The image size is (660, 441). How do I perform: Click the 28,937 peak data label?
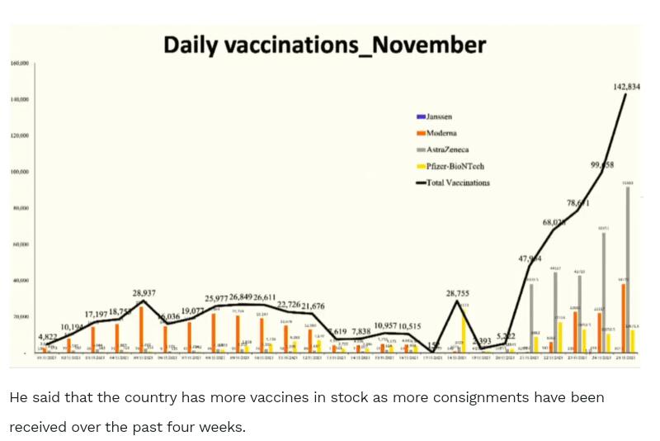[145, 293]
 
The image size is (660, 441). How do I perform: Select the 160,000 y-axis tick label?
[20, 63]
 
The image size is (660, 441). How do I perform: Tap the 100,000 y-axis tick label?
[20, 172]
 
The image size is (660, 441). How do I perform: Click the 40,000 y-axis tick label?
[20, 281]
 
